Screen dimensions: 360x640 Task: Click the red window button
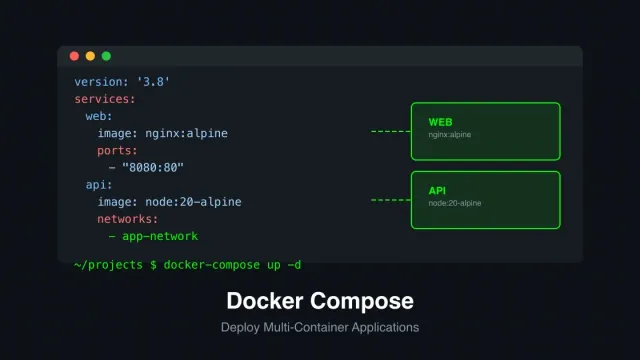(75, 56)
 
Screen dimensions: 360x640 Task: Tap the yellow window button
(90, 56)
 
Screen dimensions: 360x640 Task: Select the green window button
(106, 56)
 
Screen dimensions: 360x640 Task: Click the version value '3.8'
(151, 81)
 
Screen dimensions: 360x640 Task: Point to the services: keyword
(104, 99)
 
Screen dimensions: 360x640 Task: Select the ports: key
(118, 150)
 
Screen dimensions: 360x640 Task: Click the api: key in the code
(100, 185)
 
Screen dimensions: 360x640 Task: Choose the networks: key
(128, 219)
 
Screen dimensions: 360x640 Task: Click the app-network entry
(159, 236)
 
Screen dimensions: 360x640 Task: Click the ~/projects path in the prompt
(109, 264)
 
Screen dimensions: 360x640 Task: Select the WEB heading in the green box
(440, 121)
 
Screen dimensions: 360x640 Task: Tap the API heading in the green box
(437, 190)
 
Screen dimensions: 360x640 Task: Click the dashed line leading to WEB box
(390, 131)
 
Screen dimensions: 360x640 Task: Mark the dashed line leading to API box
(390, 200)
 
